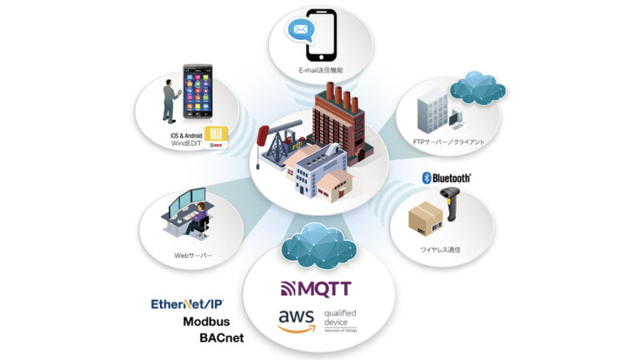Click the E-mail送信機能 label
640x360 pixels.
[x=320, y=71]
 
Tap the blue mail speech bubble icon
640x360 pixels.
[x=301, y=32]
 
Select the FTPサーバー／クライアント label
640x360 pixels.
[x=447, y=142]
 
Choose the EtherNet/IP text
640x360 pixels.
[x=187, y=304]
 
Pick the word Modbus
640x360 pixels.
[x=207, y=322]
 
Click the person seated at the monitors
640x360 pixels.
[x=197, y=218]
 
